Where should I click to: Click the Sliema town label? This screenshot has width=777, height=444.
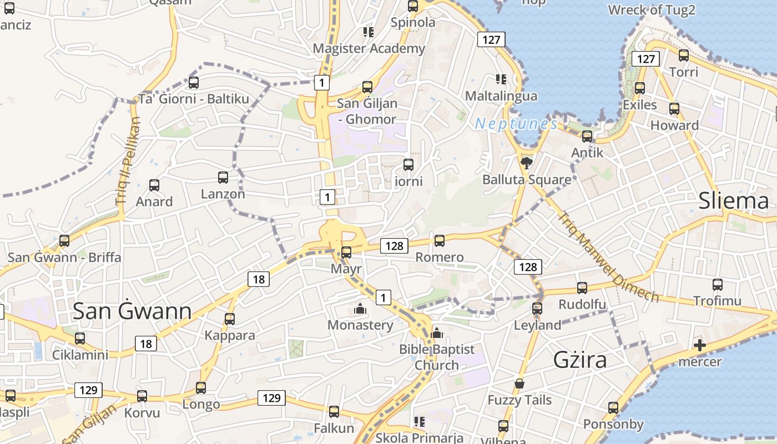click(733, 201)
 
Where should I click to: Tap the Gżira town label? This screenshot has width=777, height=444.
click(580, 360)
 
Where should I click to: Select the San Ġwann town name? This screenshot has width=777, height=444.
click(132, 311)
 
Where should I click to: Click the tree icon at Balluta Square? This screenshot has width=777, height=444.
click(526, 163)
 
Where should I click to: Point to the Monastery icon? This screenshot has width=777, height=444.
click(360, 309)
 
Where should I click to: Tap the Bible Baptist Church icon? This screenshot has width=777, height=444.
click(437, 333)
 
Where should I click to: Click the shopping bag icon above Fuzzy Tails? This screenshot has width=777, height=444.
click(519, 384)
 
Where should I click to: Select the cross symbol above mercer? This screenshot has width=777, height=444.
click(700, 346)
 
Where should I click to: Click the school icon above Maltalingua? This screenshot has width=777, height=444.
click(501, 79)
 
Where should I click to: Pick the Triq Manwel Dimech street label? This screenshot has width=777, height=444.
click(608, 257)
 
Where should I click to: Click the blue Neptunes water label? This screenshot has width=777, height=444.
click(516, 124)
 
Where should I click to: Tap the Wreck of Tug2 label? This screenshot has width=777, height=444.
click(652, 10)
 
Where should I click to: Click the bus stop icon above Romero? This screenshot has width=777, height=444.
click(440, 241)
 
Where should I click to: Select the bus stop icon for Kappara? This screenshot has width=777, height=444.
click(230, 319)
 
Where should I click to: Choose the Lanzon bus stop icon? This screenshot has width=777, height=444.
click(223, 178)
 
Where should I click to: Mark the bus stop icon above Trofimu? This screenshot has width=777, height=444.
click(718, 285)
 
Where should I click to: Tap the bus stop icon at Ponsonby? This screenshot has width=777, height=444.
click(613, 408)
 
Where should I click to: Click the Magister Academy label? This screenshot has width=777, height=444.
click(369, 48)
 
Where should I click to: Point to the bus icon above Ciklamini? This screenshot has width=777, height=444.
click(80, 339)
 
